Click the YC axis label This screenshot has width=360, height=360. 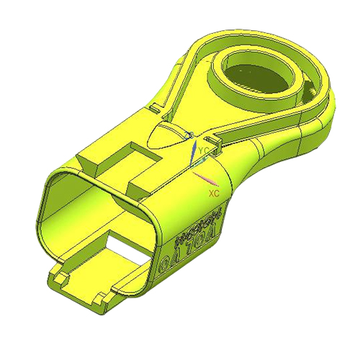pyautogui.click(x=204, y=150)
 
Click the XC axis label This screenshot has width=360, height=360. pyautogui.click(x=213, y=194)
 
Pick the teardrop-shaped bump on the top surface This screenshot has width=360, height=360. pyautogui.click(x=165, y=136)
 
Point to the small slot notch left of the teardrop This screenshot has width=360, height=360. pyautogui.click(x=154, y=108)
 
